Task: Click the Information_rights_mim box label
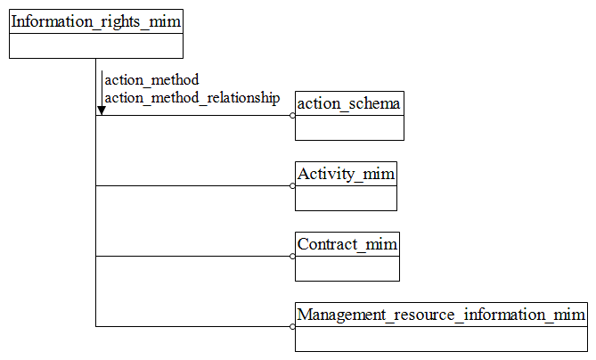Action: point(95,21)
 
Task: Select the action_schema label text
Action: point(349,103)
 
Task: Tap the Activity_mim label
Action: point(346,174)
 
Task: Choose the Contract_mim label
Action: point(347,244)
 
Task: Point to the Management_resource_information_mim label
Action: point(441,315)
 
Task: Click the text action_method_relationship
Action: point(192,97)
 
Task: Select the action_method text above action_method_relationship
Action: point(151,80)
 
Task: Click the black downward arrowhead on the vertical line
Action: point(102,110)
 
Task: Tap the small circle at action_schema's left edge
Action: point(292,116)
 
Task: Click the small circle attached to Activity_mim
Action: point(292,186)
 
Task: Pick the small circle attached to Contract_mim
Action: point(292,257)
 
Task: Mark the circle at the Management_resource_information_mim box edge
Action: point(292,327)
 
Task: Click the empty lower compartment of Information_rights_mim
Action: point(95,45)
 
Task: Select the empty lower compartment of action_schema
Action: point(349,127)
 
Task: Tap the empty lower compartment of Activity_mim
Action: point(346,198)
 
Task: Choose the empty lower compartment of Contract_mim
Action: point(347,268)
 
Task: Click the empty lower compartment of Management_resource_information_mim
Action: point(441,339)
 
